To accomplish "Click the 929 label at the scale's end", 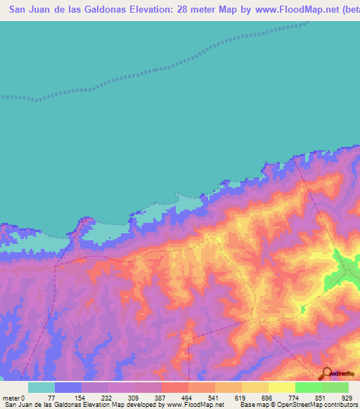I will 346,397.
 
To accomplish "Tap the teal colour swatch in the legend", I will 41,387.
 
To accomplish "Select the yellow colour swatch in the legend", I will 282,387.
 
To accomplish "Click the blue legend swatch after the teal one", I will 68,387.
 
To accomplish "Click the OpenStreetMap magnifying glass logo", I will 326,374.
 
